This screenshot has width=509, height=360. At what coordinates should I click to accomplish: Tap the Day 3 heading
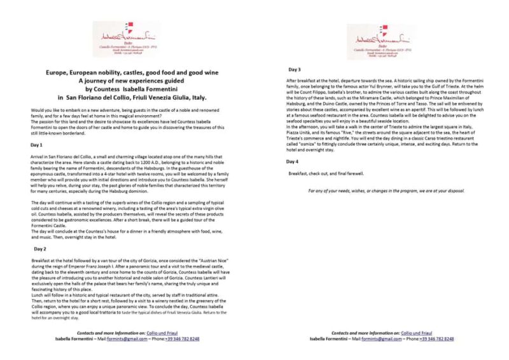click(295, 68)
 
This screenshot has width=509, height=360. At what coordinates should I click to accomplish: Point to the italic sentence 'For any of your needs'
click(386, 190)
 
